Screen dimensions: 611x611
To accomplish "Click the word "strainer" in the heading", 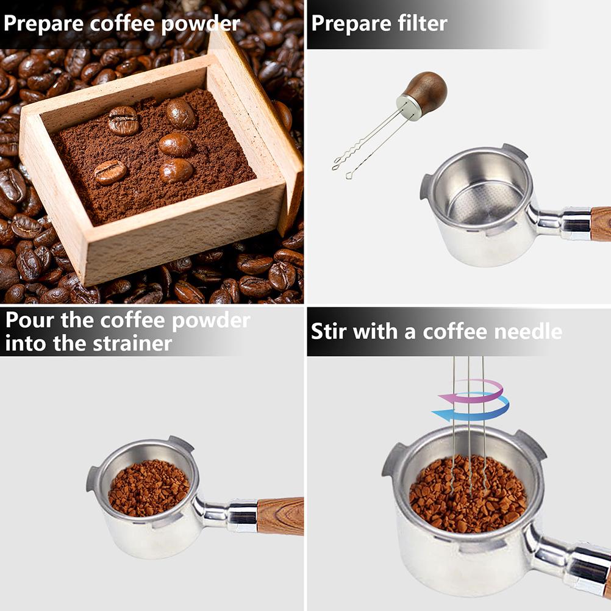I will tap(132, 343).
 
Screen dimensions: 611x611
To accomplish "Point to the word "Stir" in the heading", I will tap(329, 332).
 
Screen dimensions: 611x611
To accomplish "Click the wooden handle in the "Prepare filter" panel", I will tap(601, 223).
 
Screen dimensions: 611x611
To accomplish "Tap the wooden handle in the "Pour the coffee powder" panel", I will tap(280, 515).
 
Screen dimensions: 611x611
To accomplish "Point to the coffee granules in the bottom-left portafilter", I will tap(149, 488).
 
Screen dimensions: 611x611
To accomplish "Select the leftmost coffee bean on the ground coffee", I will tap(110, 172).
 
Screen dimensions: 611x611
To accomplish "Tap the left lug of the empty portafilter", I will tap(426, 186).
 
